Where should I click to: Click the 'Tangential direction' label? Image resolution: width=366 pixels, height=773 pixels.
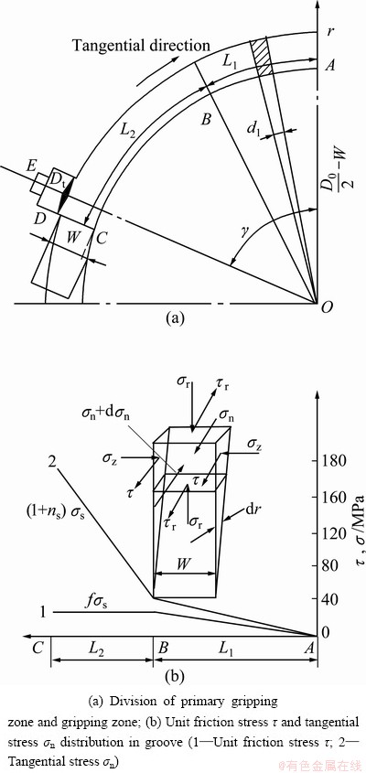click(x=142, y=46)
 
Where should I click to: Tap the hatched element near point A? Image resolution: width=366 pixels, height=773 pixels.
click(x=262, y=57)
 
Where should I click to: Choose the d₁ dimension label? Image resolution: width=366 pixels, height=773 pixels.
click(x=254, y=130)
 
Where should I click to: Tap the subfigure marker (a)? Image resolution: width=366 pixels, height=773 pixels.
click(x=175, y=318)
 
